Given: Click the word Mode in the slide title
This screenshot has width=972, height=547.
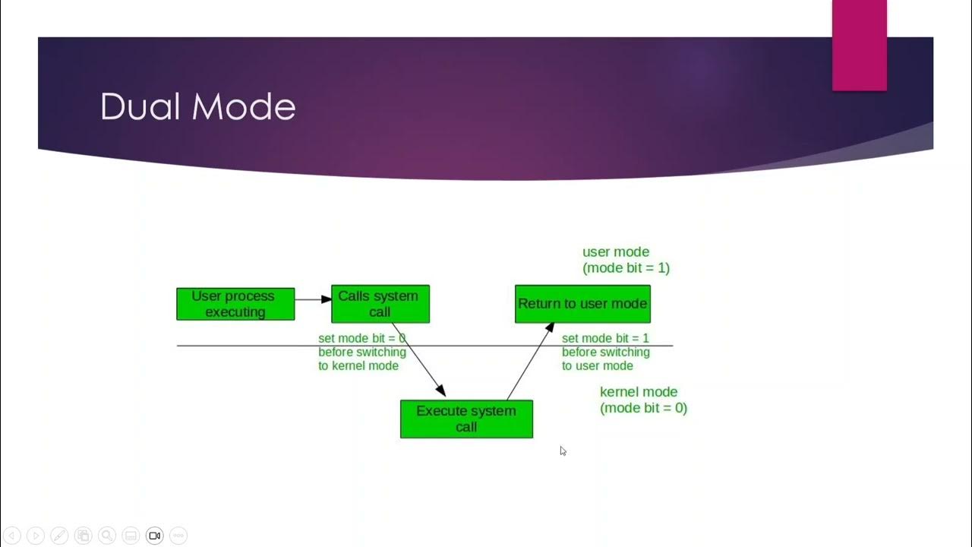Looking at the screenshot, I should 243,107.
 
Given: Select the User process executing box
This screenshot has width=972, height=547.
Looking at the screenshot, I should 235,304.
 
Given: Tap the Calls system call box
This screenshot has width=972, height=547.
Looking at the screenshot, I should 380,304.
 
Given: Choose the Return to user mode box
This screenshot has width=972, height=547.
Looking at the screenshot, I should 582,304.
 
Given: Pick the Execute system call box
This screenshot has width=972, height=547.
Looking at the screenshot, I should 466,419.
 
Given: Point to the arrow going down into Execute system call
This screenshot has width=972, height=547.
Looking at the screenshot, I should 418,359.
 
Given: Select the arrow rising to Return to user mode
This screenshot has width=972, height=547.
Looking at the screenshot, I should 530,361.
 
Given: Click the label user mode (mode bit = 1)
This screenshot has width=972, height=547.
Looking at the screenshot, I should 626,260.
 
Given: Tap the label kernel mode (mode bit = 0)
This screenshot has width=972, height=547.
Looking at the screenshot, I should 643,400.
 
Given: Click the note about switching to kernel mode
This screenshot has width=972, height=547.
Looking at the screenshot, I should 361,352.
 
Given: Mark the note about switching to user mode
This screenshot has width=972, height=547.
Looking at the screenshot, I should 605,352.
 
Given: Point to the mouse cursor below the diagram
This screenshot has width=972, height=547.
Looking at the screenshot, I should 563,451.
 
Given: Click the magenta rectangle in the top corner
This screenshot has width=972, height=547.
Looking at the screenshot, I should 859,45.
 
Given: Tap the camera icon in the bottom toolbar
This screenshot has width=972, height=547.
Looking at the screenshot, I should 154,536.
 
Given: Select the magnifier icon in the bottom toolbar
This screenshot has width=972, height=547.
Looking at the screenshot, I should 107,536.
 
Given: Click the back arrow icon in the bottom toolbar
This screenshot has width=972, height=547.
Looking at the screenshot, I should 12,536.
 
